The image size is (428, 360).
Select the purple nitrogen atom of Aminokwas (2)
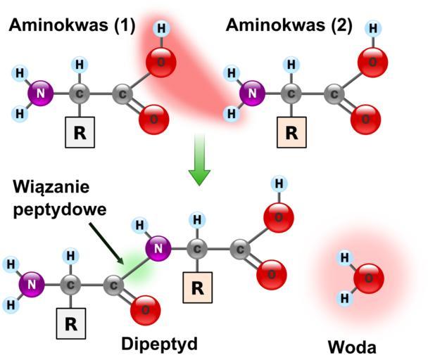coord(251,92)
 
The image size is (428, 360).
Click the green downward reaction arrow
coord(200,160)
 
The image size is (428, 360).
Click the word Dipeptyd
coord(159,344)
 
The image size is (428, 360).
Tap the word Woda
coord(352,347)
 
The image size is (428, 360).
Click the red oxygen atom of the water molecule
coord(368,278)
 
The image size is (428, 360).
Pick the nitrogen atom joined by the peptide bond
coord(159,247)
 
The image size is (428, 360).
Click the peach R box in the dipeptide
coord(198,287)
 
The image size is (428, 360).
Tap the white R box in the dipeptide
coord(70,323)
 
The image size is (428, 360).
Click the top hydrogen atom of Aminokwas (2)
coord(372,30)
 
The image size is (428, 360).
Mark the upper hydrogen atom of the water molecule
coord(345,258)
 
